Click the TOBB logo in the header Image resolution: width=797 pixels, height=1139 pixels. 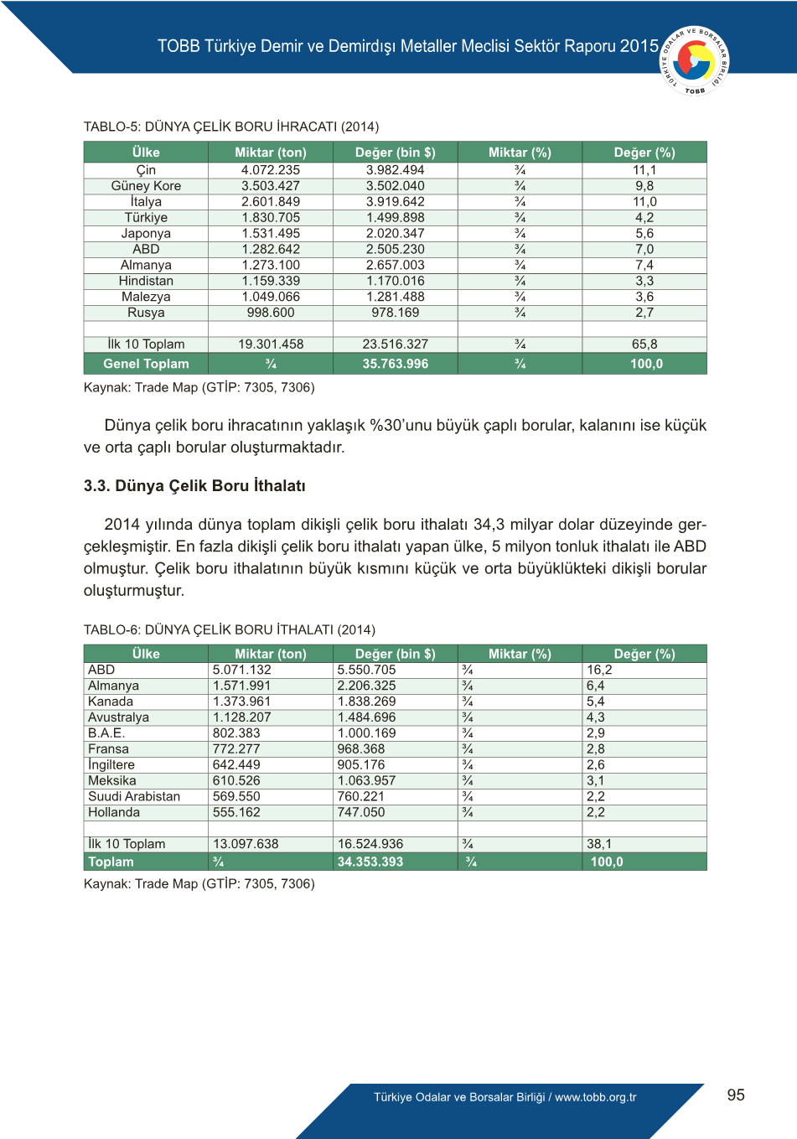[x=695, y=60]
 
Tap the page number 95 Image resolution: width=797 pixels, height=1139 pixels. [x=736, y=1095]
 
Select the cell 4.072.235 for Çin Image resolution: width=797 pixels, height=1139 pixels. [x=270, y=170]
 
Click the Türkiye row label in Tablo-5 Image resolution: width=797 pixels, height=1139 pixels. [x=146, y=218]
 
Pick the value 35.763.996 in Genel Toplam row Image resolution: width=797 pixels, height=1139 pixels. [x=395, y=364]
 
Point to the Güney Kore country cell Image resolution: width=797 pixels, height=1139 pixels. [x=146, y=186]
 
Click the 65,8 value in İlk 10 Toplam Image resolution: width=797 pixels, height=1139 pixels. [x=644, y=344]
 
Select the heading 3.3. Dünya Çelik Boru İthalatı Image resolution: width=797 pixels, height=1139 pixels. [x=194, y=486]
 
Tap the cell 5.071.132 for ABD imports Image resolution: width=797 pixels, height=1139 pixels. [x=242, y=670]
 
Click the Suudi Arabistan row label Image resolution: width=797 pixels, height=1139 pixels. [x=134, y=796]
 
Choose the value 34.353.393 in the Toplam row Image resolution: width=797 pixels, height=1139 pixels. [x=370, y=862]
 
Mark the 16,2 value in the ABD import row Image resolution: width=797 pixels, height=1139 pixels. [x=599, y=670]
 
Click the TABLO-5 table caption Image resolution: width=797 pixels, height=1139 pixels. [x=231, y=127]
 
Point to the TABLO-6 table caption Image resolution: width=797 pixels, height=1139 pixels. [x=230, y=629]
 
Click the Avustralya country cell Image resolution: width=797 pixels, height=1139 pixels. [x=118, y=717]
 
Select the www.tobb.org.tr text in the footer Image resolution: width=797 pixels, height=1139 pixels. [x=595, y=1097]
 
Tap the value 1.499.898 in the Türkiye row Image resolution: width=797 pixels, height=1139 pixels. [x=395, y=218]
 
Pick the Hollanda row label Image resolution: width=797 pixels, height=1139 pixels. [x=114, y=812]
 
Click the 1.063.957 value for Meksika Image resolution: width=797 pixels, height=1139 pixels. [x=366, y=780]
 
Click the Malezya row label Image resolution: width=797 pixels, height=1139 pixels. [x=146, y=297]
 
